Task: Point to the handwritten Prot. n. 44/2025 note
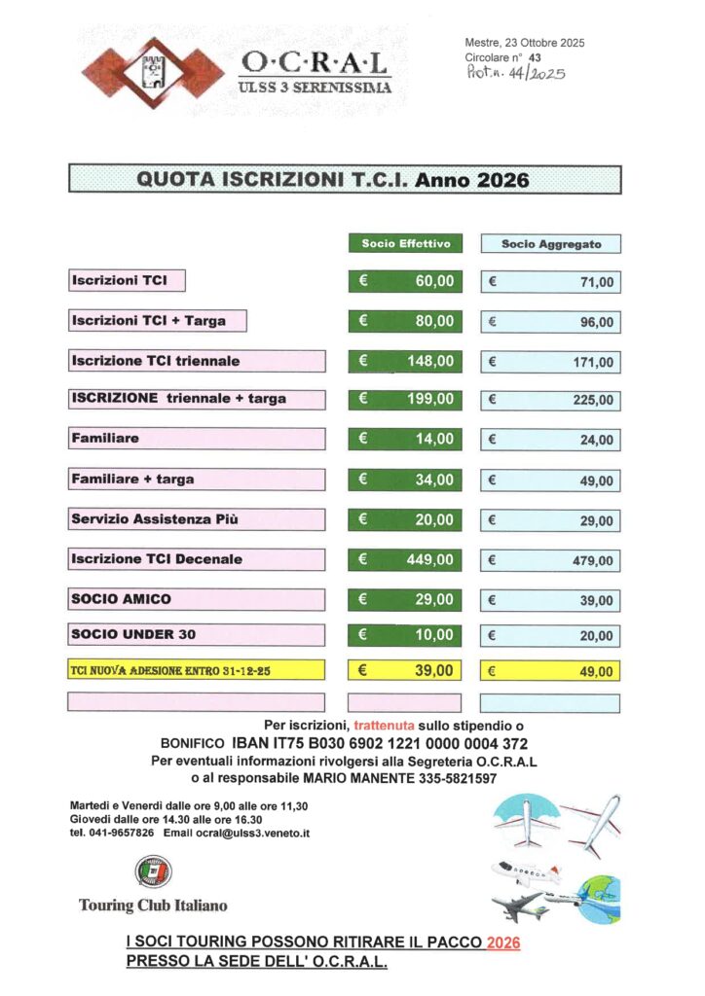coord(515,72)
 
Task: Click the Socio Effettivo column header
coord(405,243)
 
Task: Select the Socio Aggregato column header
coord(551,244)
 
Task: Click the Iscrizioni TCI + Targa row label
coord(157,321)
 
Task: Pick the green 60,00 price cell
coord(405,281)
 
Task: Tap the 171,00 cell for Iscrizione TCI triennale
coord(551,362)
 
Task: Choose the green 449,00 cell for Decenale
coord(405,559)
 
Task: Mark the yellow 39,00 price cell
coord(405,670)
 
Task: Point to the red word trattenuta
coord(389,725)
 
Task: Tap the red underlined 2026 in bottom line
coord(503,943)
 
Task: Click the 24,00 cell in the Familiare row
coord(551,440)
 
